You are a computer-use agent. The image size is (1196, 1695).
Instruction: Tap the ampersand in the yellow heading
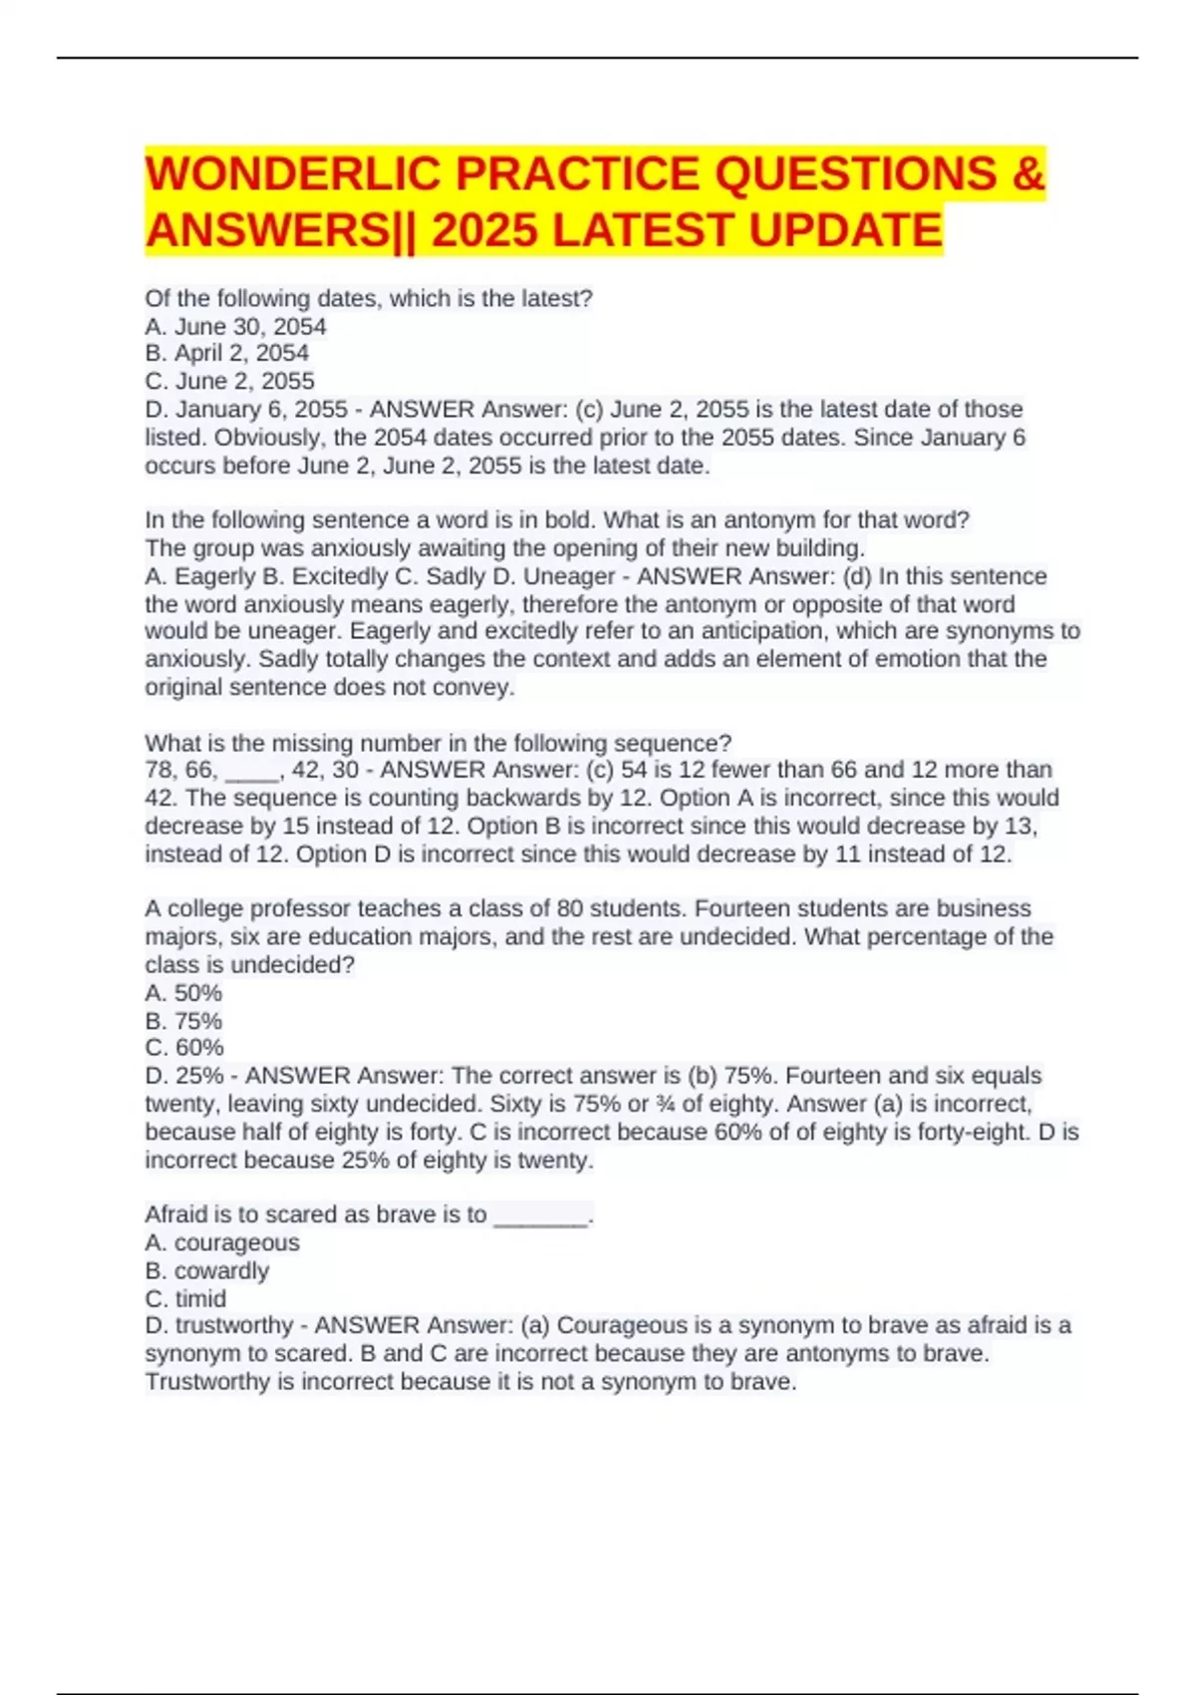point(1028,174)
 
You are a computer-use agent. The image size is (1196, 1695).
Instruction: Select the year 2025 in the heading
point(484,230)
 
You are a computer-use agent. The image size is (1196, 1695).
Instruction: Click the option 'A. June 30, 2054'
point(235,326)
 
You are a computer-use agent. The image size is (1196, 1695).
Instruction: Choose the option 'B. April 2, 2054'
point(226,353)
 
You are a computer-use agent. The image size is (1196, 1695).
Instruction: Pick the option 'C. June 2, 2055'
point(229,381)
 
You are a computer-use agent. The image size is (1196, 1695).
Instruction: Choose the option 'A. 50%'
point(183,993)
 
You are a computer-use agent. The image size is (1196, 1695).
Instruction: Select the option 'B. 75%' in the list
point(183,1021)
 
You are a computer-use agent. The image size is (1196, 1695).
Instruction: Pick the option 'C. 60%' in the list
point(183,1048)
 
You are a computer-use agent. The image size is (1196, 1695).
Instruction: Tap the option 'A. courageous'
point(221,1242)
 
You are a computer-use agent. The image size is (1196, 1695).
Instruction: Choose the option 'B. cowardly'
point(206,1271)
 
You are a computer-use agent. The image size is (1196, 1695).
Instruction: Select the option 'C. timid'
point(185,1299)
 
